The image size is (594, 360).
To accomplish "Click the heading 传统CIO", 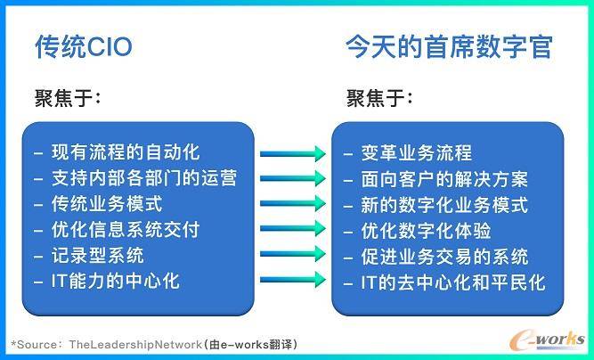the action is click(x=84, y=46).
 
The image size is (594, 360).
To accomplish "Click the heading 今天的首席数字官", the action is click(x=449, y=46).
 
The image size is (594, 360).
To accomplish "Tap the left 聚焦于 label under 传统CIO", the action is click(x=68, y=98).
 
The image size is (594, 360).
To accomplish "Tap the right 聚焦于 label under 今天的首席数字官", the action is click(x=379, y=98).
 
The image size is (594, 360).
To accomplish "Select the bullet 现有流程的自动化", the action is click(x=126, y=152).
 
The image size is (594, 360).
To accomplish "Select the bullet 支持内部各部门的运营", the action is click(x=144, y=178).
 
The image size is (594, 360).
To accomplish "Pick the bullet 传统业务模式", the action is click(x=107, y=203).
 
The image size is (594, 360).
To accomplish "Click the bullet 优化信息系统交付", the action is click(x=126, y=229).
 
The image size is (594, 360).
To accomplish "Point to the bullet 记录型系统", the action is click(x=98, y=255).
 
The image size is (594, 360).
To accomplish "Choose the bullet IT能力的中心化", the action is click(x=116, y=281).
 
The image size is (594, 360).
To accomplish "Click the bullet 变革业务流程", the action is click(x=416, y=153).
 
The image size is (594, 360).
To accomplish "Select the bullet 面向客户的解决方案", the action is click(x=444, y=179).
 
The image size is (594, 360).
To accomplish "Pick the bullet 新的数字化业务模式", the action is click(x=444, y=205).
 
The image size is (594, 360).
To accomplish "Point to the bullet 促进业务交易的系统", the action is click(x=444, y=256).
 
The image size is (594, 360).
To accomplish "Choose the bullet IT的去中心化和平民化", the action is click(x=453, y=282).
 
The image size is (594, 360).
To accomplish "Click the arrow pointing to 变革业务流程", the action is click(x=293, y=153).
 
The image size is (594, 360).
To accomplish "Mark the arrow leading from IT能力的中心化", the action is click(x=293, y=280).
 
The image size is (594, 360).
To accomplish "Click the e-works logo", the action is click(x=547, y=340).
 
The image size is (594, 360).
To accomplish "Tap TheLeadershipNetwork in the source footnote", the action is click(x=135, y=345).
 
